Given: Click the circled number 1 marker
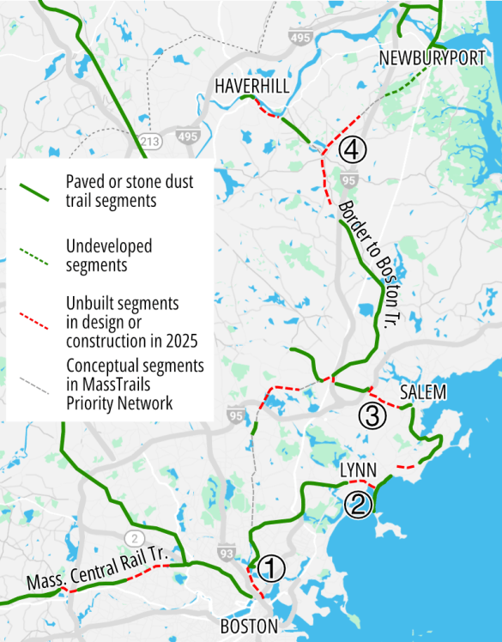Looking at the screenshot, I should pos(270,567).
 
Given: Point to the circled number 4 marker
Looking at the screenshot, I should pos(353,150).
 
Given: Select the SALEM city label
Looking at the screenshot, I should pos(423,392).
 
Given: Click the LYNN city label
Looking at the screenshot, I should pos(360,470).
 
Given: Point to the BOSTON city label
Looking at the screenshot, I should pos(249,627).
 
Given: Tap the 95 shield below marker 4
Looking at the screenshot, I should pos(348,180).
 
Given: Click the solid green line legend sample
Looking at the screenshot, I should pos(36,191).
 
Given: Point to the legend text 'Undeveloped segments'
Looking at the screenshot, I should pos(109,256).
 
